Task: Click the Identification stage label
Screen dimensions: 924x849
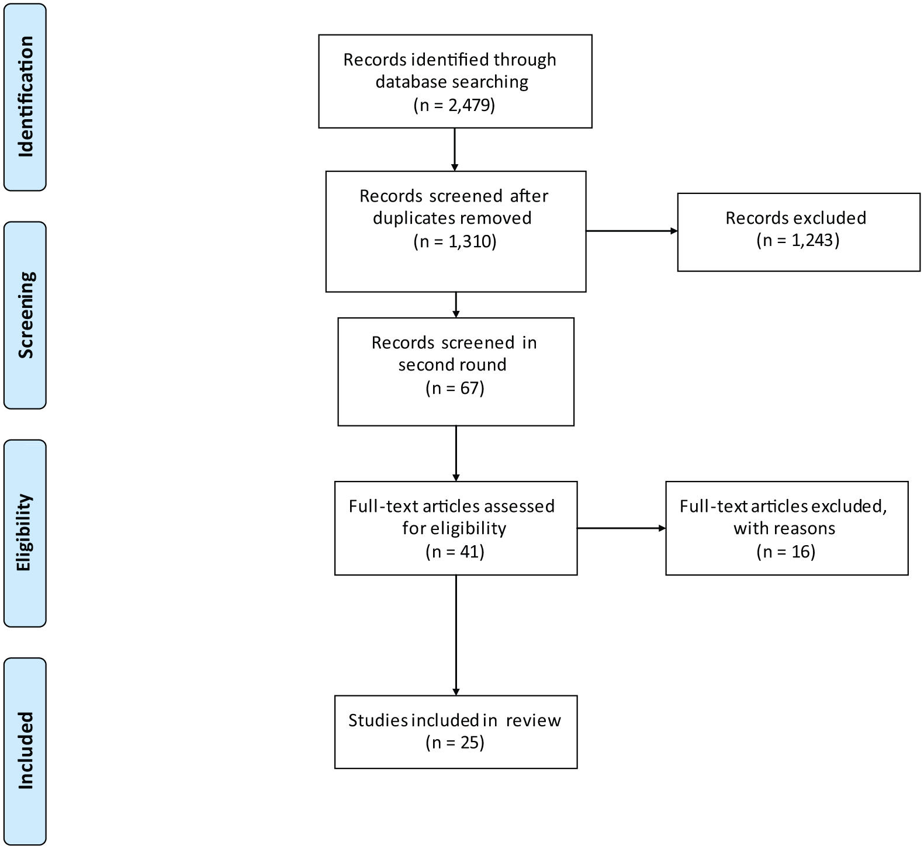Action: (26, 97)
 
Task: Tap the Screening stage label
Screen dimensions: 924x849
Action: (26, 315)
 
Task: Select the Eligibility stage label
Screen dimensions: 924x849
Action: (26, 533)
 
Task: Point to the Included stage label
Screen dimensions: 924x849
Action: (26, 751)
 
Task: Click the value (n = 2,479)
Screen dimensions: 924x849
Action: (454, 105)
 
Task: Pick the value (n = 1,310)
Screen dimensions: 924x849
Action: (455, 241)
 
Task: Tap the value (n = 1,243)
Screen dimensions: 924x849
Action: (798, 240)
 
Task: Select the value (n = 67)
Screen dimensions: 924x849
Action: (455, 388)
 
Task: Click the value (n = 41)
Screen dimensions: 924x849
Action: (455, 552)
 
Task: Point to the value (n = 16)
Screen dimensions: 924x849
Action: (785, 552)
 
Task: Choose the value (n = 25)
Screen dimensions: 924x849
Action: (455, 743)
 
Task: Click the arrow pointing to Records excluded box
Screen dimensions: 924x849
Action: (632, 231)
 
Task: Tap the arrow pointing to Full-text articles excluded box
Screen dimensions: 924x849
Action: (621, 528)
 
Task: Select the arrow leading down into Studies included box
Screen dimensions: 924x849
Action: (456, 635)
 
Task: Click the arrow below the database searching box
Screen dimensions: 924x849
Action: (454, 150)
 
